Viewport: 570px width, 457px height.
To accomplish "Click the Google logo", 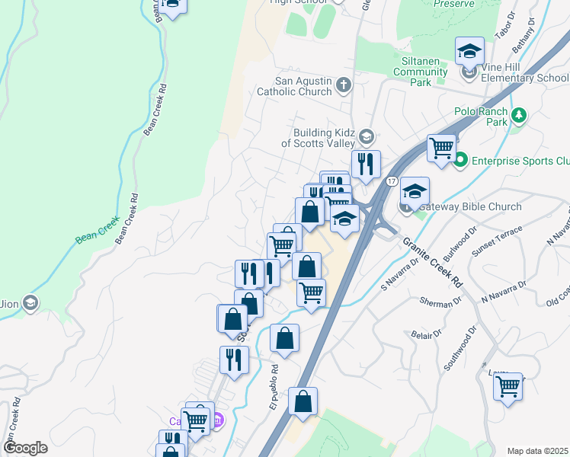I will [25, 448].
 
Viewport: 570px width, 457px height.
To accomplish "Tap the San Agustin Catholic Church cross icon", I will [343, 85].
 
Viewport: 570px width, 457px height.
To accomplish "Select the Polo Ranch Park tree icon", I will [519, 116].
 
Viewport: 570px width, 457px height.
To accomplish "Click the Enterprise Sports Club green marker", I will [460, 161].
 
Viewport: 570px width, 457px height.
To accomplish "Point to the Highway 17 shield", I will [392, 181].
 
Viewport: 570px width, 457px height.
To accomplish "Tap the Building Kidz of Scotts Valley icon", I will [366, 137].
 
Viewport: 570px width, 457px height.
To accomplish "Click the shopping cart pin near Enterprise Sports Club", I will [441, 148].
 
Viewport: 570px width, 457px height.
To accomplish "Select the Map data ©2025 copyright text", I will [536, 450].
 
